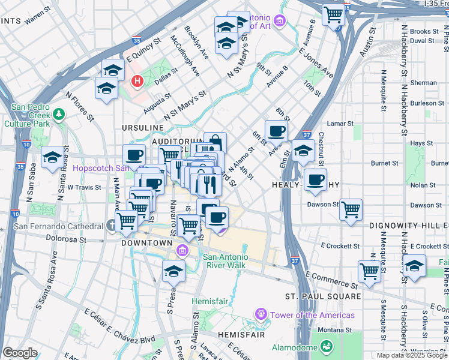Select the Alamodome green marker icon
(326, 346)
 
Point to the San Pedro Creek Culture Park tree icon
(59, 113)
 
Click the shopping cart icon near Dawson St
(351, 210)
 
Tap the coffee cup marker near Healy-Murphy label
(315, 179)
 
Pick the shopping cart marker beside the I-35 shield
(333, 14)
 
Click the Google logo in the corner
(20, 353)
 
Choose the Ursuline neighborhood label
(142, 128)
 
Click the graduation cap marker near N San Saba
(53, 158)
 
